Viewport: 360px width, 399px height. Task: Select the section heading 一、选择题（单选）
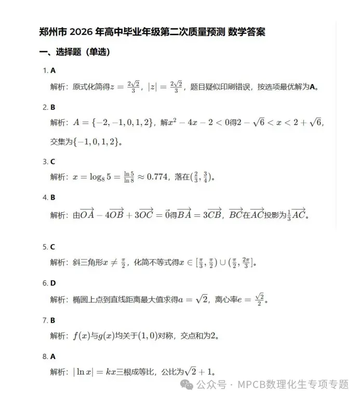tap(74, 52)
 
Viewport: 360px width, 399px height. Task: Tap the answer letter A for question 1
tap(53, 71)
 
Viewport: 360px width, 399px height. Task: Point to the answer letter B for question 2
tap(53, 107)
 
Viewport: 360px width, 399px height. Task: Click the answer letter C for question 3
tap(53, 162)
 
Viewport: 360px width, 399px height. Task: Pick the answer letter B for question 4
tap(53, 198)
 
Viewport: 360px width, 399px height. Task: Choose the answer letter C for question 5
tap(53, 247)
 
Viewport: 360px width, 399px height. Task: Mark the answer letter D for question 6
tap(53, 283)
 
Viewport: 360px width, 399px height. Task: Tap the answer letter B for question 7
tap(53, 320)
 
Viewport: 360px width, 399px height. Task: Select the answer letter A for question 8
tap(53, 356)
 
